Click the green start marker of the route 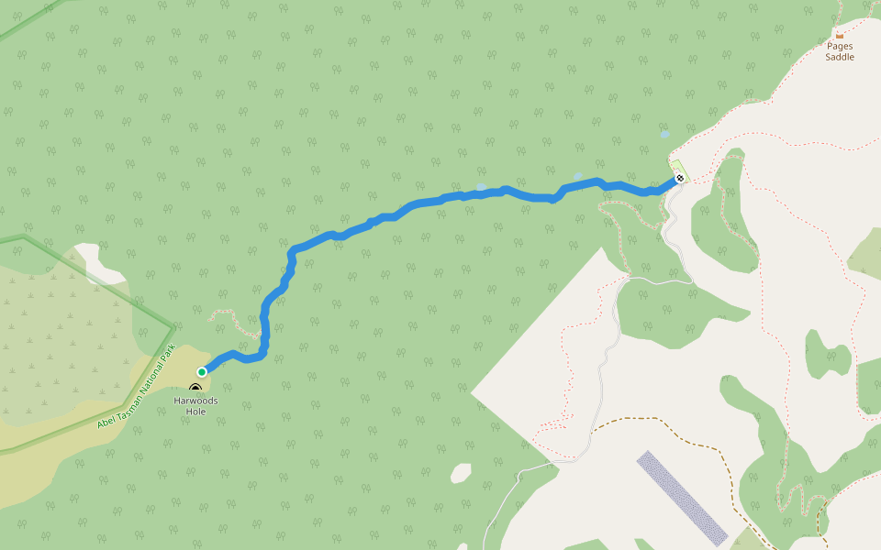202,372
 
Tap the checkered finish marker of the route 679,178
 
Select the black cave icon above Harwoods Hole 195,389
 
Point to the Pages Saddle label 840,51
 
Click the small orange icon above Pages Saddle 840,36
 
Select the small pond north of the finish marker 664,135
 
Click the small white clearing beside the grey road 461,473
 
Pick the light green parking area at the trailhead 676,167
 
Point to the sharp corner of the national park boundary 173,325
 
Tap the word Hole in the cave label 195,412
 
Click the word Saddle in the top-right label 840,57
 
